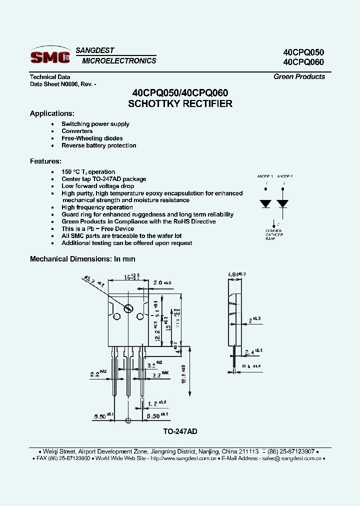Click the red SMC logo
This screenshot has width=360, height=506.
click(x=50, y=57)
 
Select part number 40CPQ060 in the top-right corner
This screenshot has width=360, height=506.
click(x=303, y=62)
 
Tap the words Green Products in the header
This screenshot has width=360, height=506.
click(x=299, y=76)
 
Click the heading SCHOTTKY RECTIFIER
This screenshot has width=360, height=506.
click(x=180, y=104)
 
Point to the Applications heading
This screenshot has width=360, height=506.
click(x=52, y=113)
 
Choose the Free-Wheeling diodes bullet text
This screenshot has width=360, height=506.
click(x=92, y=138)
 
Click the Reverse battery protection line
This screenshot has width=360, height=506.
click(x=99, y=145)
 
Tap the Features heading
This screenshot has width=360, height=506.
click(x=45, y=161)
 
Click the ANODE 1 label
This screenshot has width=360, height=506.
click(x=265, y=176)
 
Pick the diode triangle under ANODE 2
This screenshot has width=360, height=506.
click(x=283, y=204)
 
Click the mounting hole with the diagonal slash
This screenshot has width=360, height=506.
click(x=128, y=308)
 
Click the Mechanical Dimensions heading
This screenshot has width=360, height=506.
click(x=82, y=259)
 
